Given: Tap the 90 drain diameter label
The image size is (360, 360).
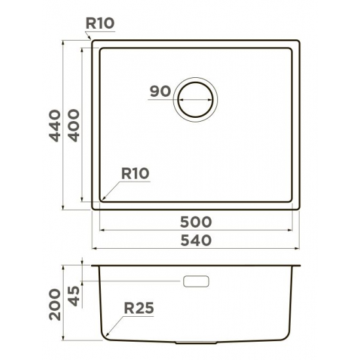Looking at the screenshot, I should [160, 92].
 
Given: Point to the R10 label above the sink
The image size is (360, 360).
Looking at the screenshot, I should [99, 24].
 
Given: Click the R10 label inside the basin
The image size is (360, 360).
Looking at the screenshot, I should [135, 173].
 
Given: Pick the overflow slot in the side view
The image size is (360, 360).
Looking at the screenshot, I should [196, 281].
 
